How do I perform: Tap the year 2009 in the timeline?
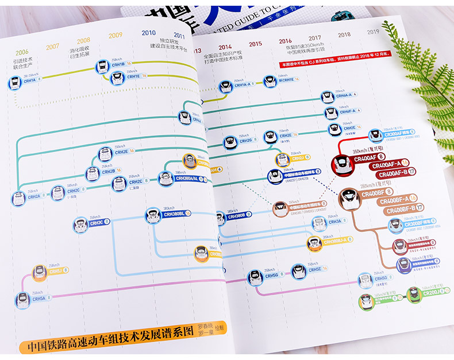click(116, 35)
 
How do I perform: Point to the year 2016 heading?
click(286, 41)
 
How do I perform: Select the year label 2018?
click(344, 35)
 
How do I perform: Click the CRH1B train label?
click(117, 64)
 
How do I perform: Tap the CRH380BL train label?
click(174, 214)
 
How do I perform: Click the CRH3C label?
click(97, 223)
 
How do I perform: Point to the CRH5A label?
click(39, 299)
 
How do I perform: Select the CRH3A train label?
click(335, 222)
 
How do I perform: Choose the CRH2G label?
click(246, 140)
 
